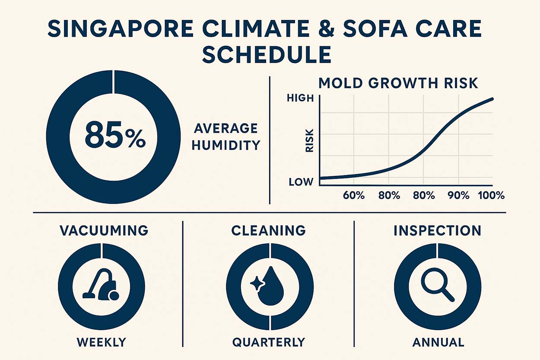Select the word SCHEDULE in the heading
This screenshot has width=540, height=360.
pyautogui.click(x=267, y=56)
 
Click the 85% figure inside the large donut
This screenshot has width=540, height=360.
pyautogui.click(x=115, y=136)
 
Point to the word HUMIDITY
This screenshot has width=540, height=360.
pyautogui.click(x=226, y=145)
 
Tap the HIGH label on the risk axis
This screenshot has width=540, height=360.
pyautogui.click(x=300, y=99)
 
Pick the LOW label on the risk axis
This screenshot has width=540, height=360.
pyautogui.click(x=301, y=182)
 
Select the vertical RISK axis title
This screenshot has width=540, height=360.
pyautogui.click(x=309, y=141)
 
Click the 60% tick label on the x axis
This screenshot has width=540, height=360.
pyautogui.click(x=354, y=195)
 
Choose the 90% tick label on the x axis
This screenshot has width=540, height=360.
pyautogui.click(x=458, y=195)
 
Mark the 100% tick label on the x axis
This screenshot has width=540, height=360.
pyautogui.click(x=492, y=195)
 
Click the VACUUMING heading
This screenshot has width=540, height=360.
pyautogui.click(x=104, y=230)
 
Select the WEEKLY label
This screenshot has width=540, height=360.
pyautogui.click(x=102, y=342)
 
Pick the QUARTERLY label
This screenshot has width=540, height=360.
pyautogui.click(x=269, y=342)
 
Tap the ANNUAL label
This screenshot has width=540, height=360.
pyautogui.click(x=438, y=342)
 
